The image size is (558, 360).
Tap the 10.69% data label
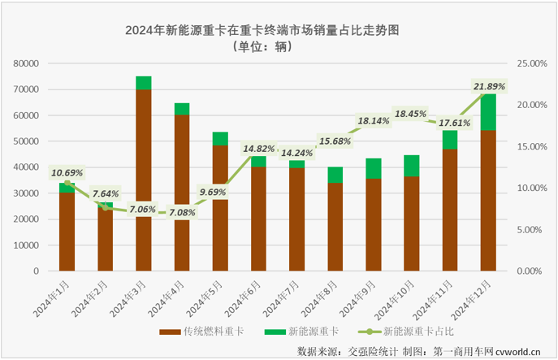67,172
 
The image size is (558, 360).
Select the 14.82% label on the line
258,148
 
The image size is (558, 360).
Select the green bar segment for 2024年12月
488,112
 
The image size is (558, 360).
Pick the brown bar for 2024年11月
450,210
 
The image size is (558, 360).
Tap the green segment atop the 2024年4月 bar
182,109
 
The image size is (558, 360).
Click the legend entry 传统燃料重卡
204,332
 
